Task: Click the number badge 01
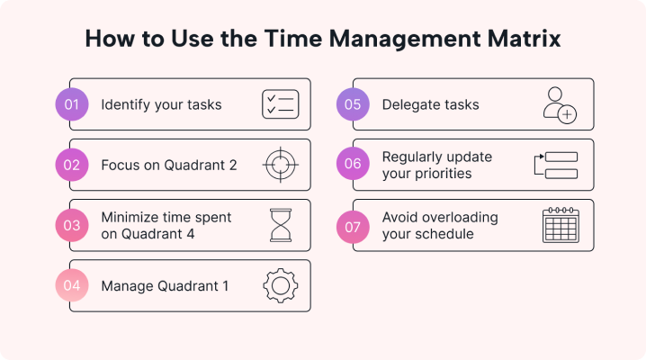click(72, 104)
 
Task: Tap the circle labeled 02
click(72, 165)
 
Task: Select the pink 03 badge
click(72, 225)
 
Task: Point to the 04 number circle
click(72, 286)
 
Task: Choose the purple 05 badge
click(354, 104)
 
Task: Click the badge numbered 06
click(354, 165)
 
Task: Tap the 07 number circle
click(354, 225)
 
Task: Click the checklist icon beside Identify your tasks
click(280, 104)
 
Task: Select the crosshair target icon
click(280, 165)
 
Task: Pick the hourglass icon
click(281, 225)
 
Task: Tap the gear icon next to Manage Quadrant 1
click(280, 286)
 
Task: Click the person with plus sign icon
click(560, 105)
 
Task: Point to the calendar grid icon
click(561, 225)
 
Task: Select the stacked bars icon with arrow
click(556, 165)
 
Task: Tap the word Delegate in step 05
click(409, 104)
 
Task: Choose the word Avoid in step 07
click(400, 218)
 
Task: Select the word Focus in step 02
click(119, 165)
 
